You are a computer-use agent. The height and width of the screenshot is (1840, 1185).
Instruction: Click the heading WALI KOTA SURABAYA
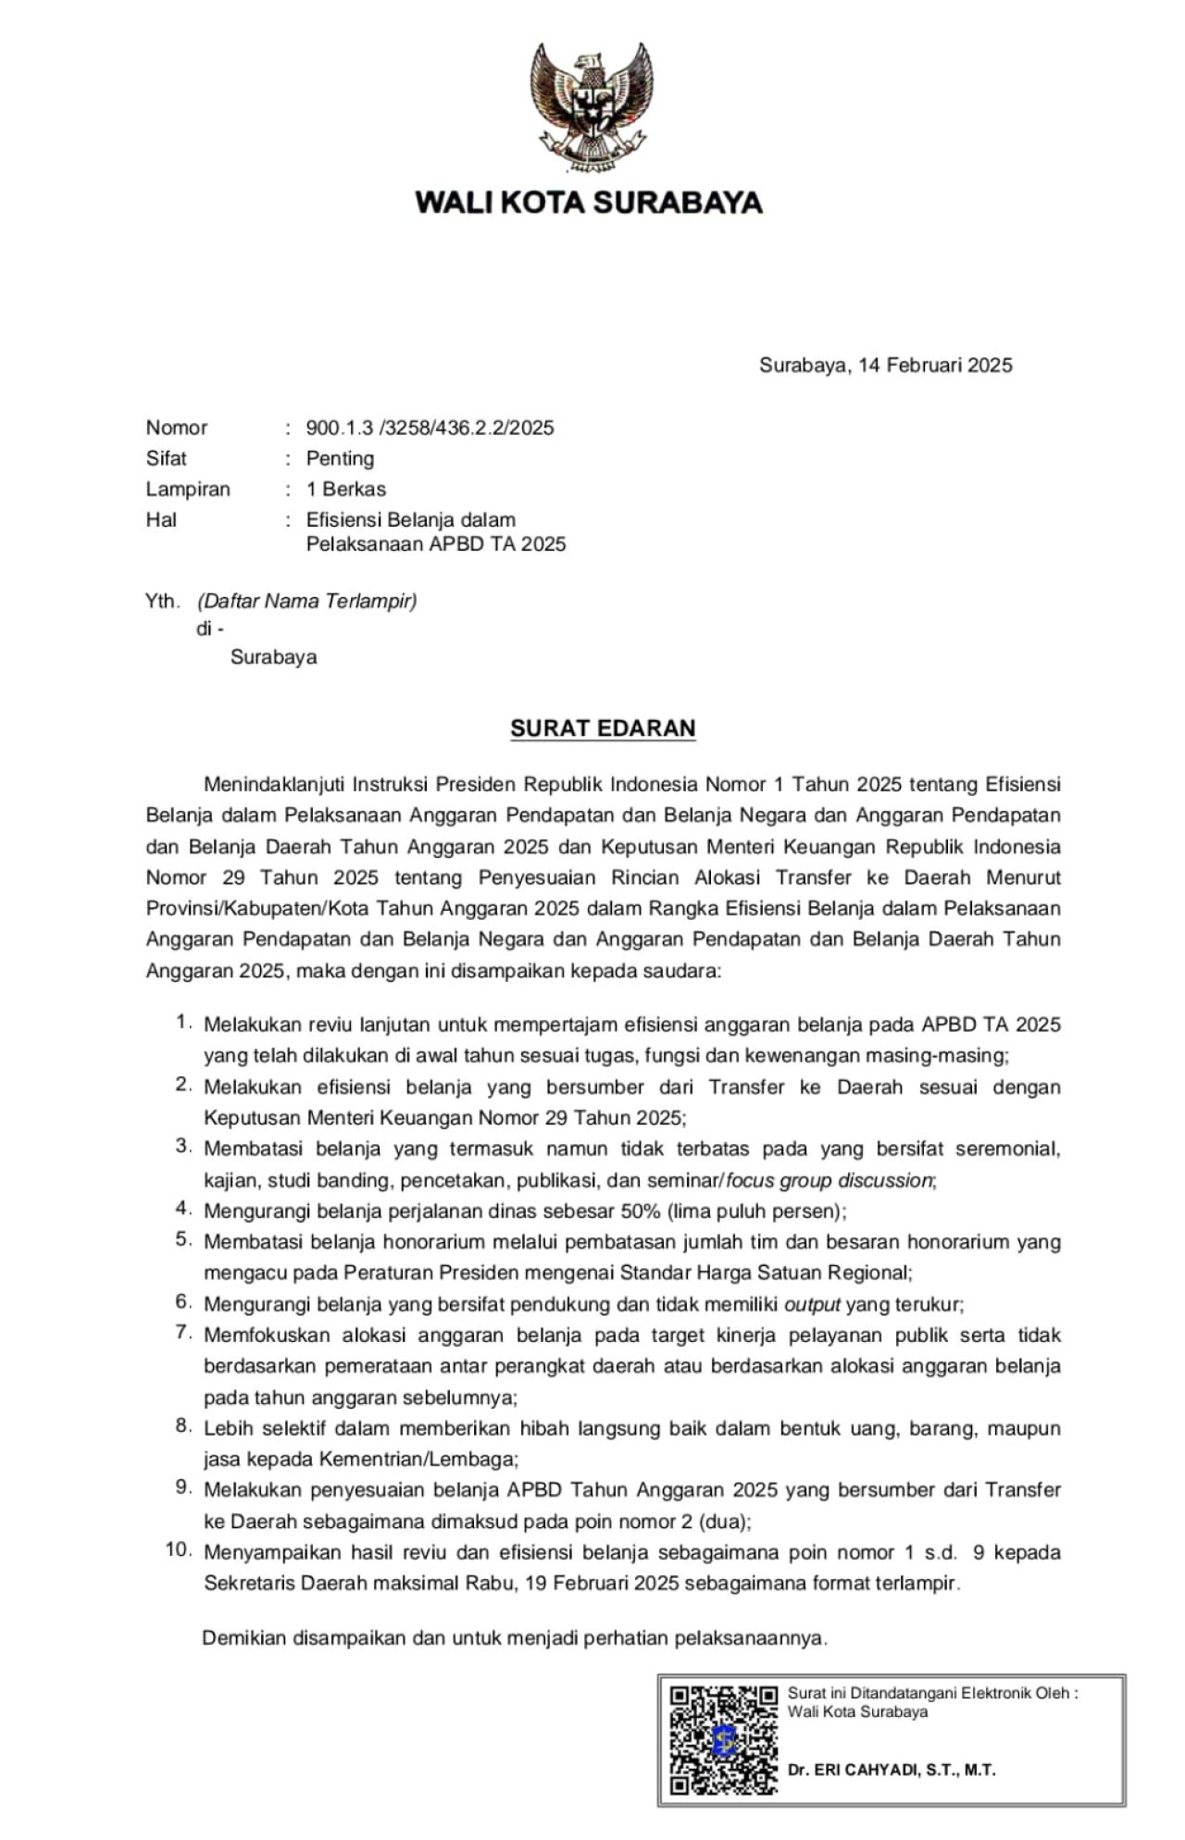point(589,203)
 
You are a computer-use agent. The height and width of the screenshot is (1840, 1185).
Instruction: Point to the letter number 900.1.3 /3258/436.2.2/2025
point(430,428)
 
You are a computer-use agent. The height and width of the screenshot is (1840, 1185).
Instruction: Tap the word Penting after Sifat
point(340,458)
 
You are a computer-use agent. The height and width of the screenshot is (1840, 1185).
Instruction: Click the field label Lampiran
point(188,489)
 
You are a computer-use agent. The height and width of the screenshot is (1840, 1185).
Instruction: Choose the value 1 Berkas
point(346,489)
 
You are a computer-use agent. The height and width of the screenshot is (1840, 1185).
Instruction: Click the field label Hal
point(161,519)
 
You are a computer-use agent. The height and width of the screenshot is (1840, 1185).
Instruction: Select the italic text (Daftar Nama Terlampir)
point(306,602)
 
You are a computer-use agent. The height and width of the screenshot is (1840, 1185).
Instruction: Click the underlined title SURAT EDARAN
point(603,728)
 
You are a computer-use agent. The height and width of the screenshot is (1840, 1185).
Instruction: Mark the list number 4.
point(183,1208)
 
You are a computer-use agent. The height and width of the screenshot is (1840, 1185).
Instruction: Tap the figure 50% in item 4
point(641,1211)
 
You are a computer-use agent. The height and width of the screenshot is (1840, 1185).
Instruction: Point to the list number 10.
point(178,1549)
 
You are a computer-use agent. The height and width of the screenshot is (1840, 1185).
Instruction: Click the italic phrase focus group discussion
point(829,1180)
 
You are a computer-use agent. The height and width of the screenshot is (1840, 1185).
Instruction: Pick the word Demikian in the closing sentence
point(243,1637)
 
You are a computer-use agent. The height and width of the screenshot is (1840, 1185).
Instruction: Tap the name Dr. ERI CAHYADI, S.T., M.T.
point(891,1770)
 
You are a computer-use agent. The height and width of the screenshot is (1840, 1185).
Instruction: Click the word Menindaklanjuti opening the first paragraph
point(274,785)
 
